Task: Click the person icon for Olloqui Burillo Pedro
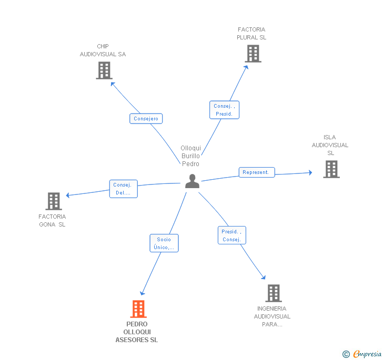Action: click(193, 181)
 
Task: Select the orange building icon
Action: click(138, 309)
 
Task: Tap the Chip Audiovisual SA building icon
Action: click(104, 70)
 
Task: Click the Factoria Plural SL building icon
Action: click(253, 54)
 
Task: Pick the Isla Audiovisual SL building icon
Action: click(331, 169)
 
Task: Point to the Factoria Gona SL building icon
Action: click(54, 201)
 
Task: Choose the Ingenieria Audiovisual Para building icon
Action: click(273, 293)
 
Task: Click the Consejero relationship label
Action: click(146, 119)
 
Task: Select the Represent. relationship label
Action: click(256, 172)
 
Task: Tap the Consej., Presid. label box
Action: click(224, 110)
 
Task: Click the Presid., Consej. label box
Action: click(231, 235)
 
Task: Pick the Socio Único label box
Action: click(164, 243)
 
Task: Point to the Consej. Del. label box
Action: click(123, 189)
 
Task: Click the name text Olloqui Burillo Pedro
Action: click(190, 156)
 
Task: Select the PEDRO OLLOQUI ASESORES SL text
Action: click(137, 332)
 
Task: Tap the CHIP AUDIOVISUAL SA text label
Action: click(103, 50)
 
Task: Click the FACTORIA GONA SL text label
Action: click(52, 221)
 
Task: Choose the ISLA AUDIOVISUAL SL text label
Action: click(330, 145)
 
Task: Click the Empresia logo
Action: click(362, 354)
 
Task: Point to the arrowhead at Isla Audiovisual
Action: click(310, 172)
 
